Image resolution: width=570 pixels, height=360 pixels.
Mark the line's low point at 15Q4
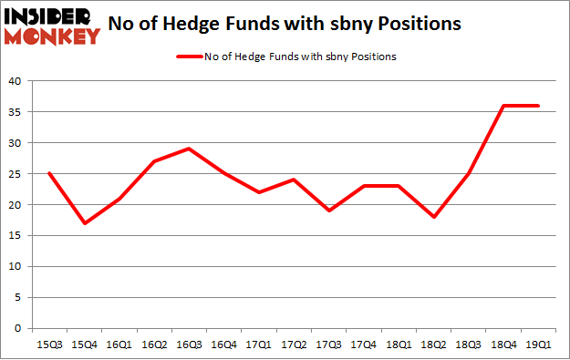[83, 223]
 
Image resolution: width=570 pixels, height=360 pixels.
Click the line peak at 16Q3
[188, 149]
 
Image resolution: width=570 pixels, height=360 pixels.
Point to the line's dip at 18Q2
[432, 217]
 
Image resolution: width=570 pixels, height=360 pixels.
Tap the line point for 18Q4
[503, 106]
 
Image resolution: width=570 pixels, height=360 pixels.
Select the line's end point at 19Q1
[537, 106]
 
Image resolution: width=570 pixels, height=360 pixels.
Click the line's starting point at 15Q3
[48, 173]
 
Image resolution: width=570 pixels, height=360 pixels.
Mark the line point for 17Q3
[328, 211]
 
